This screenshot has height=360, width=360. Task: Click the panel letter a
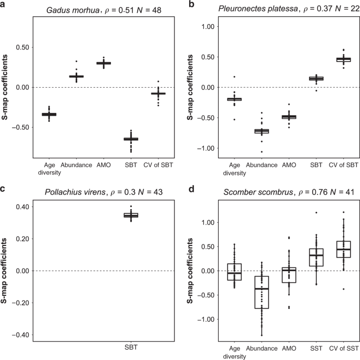[4, 5]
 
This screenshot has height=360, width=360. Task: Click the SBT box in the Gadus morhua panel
[127, 139]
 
